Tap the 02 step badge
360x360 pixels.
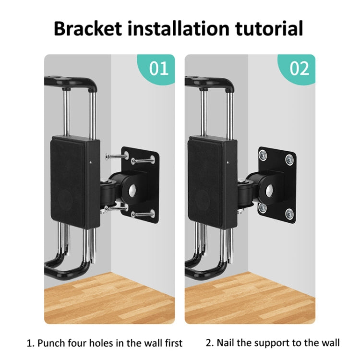tap(299, 68)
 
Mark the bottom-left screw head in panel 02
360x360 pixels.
tap(262, 208)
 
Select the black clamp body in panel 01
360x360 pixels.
tap(76, 182)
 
